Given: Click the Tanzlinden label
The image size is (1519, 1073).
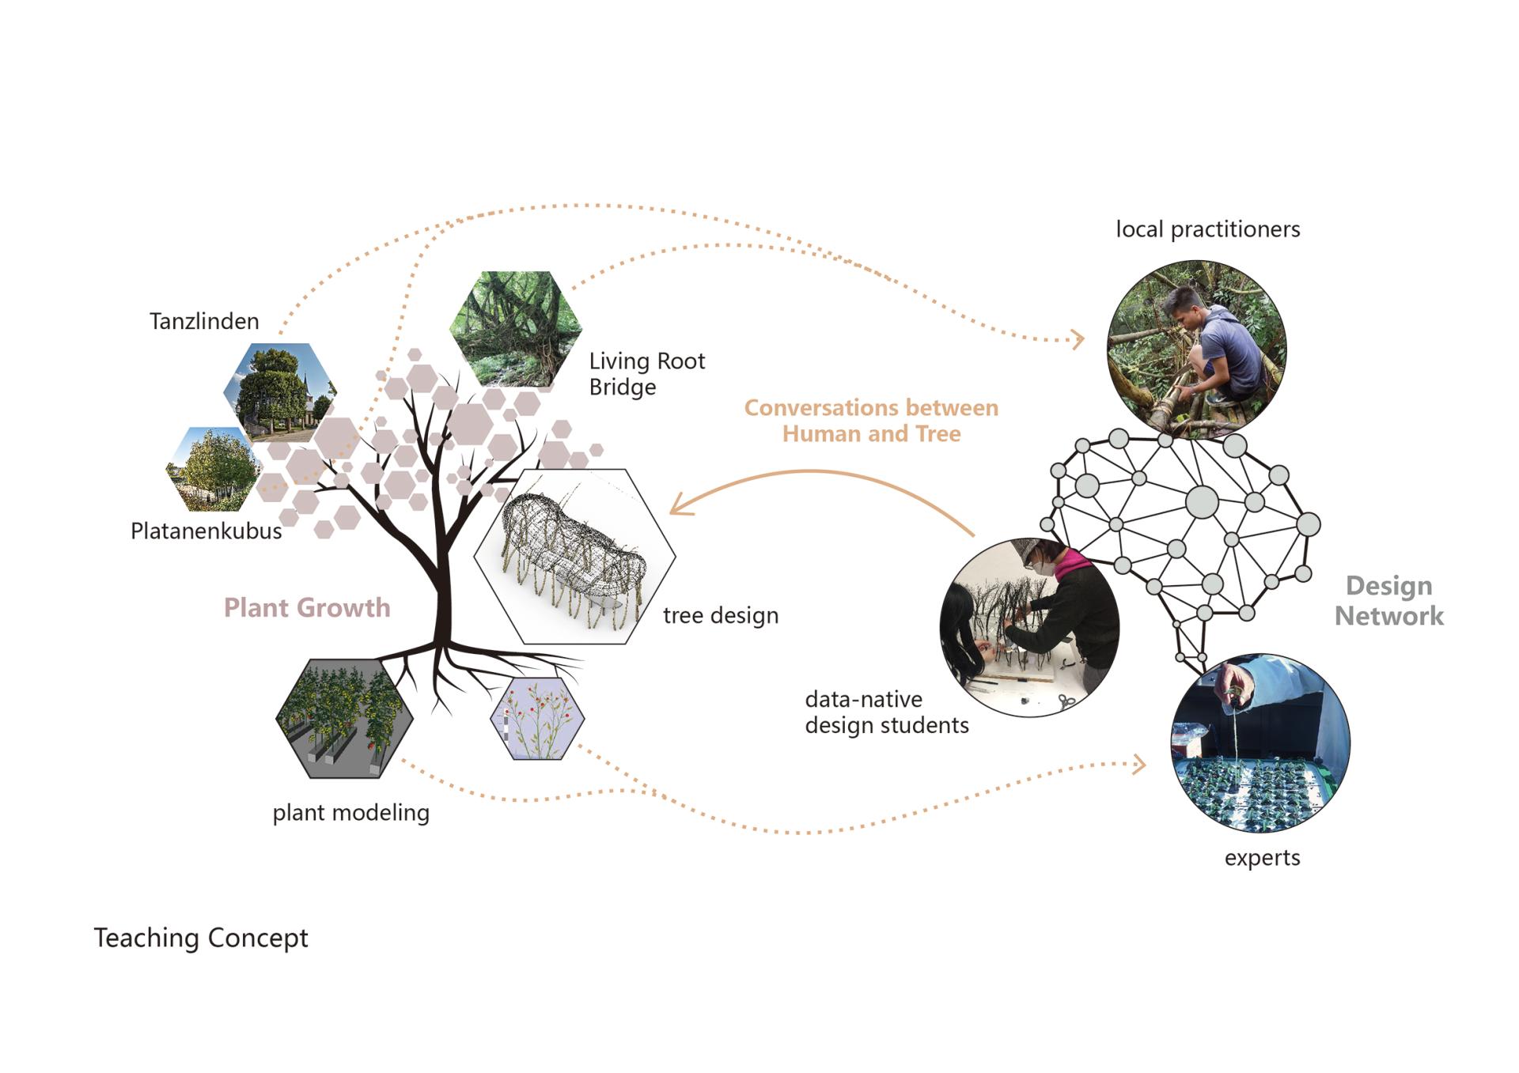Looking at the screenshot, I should click(x=204, y=321).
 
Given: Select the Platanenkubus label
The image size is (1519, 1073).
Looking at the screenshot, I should click(x=206, y=531).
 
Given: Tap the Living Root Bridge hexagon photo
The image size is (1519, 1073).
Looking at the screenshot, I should click(x=516, y=328).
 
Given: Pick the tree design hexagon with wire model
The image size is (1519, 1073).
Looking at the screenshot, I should click(x=574, y=556).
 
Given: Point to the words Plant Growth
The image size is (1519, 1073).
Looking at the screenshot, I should click(x=307, y=607).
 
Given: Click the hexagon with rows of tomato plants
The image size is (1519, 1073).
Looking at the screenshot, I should click(x=344, y=718).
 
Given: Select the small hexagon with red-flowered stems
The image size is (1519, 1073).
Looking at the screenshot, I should click(x=537, y=719).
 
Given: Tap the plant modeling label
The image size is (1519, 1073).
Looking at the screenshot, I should click(x=350, y=813).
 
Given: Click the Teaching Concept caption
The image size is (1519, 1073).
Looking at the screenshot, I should click(x=201, y=938).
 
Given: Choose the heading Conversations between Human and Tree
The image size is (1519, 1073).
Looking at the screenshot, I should click(x=871, y=421).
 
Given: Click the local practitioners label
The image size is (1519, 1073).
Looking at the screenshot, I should click(x=1207, y=229).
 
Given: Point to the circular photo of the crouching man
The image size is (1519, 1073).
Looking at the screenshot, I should click(x=1196, y=349).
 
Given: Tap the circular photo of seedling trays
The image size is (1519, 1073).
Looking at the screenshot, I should click(x=1260, y=742).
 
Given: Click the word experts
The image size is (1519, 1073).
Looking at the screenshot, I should click(x=1262, y=858).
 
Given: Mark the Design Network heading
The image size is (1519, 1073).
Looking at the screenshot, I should click(x=1388, y=601).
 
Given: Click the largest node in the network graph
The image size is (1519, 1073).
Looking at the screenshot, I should click(x=1202, y=502).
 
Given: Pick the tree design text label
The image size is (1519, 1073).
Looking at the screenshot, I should click(x=721, y=615).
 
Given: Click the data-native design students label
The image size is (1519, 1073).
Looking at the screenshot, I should click(x=886, y=712).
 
